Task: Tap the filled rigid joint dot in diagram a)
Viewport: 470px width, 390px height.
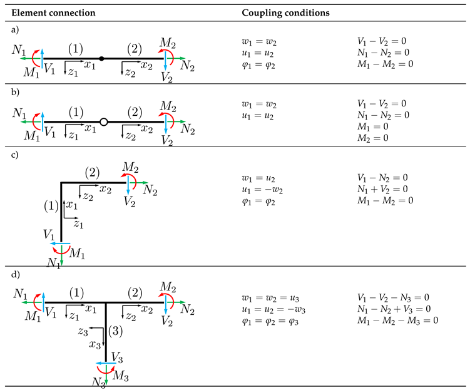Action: tap(101, 59)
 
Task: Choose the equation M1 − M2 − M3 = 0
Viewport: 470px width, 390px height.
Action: tap(396, 320)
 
